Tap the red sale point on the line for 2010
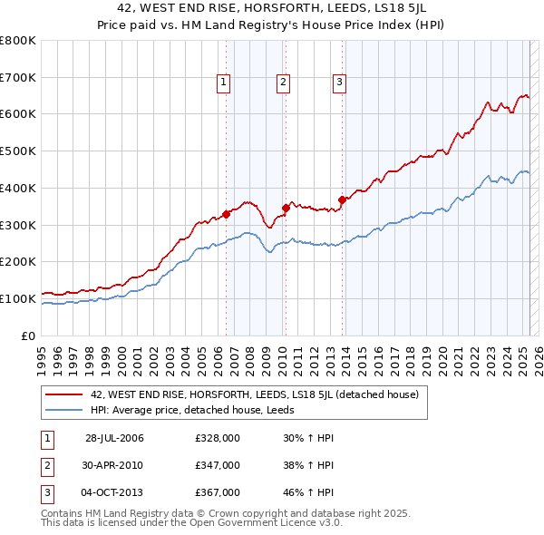click(x=286, y=208)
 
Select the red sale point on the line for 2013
click(x=342, y=199)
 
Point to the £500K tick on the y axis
click(x=20, y=151)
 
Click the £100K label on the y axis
click(x=20, y=298)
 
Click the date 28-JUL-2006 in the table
click(x=114, y=438)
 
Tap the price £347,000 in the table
click(x=218, y=465)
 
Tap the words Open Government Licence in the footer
click(x=253, y=523)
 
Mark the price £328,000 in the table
click(x=218, y=438)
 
